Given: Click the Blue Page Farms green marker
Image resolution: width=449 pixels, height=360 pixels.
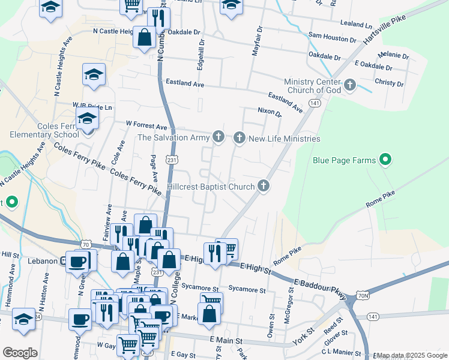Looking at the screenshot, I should (386, 160).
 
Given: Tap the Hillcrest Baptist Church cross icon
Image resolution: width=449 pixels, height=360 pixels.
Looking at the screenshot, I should (263, 187).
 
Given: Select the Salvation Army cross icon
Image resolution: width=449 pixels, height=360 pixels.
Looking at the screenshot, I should (218, 138).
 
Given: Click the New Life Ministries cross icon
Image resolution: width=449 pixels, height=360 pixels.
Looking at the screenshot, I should (240, 139).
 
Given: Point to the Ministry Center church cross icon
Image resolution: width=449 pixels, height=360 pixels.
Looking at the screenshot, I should (350, 85).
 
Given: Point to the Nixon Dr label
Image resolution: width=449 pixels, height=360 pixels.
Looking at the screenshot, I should (269, 111).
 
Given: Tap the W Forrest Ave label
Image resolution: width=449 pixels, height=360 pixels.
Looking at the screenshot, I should (146, 127).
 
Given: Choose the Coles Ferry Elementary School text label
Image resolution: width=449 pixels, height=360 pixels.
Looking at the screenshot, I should (49, 130).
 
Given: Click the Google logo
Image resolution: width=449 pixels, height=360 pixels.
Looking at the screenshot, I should (20, 352).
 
